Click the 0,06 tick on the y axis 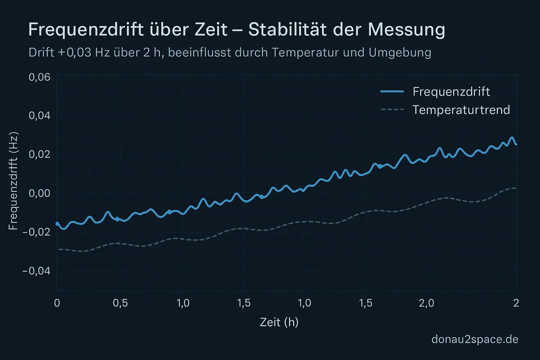[39, 77]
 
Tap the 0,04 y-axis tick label [39, 116]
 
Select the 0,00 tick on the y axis [39, 193]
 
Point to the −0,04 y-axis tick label [37, 271]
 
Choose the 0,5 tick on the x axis [120, 303]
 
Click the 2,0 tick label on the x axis [426, 303]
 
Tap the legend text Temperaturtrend [461, 110]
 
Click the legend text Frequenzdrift [451, 91]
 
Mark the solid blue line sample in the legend [392, 91]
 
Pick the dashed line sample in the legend [392, 110]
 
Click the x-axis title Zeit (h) [279, 322]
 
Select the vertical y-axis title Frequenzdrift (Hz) [13, 181]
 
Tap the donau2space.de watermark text [475, 339]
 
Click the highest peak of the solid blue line [512, 138]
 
